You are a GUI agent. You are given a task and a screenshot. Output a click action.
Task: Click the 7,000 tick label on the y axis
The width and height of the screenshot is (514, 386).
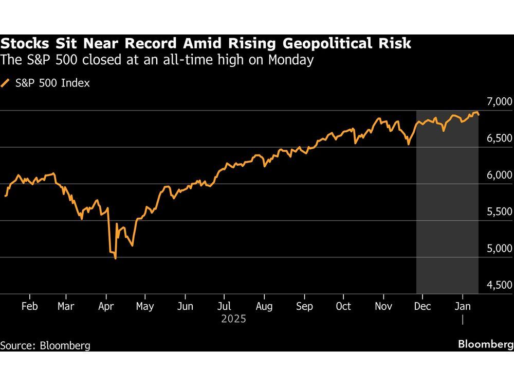click(497, 101)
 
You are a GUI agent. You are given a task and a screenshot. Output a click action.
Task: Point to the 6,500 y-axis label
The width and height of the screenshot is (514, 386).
click(497, 138)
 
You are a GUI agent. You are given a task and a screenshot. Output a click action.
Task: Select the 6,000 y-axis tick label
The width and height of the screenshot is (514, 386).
click(497, 175)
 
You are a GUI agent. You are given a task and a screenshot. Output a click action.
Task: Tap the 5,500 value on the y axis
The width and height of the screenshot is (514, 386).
click(497, 212)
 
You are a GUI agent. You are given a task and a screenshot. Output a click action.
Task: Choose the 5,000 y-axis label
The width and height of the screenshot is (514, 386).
click(497, 249)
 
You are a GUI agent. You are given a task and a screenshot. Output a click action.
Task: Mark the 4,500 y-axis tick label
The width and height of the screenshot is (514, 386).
click(497, 285)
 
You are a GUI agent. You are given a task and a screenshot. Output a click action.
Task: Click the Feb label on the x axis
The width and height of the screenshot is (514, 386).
click(29, 306)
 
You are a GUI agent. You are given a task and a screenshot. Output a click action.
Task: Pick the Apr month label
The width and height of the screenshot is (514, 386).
click(105, 306)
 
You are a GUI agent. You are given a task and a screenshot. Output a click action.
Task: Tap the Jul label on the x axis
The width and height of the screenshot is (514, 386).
click(224, 306)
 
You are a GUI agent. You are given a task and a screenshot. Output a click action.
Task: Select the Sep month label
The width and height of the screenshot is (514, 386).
click(304, 306)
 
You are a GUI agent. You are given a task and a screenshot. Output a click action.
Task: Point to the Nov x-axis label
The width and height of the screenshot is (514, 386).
click(384, 306)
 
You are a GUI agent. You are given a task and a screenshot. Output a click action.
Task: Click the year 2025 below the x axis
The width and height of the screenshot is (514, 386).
click(234, 319)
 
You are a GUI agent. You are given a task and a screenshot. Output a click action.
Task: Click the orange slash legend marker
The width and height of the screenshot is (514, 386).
click(6, 83)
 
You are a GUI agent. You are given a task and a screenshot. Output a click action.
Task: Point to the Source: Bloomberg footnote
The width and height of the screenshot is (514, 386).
click(45, 345)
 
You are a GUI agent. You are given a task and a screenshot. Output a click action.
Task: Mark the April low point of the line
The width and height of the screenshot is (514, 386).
click(115, 258)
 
